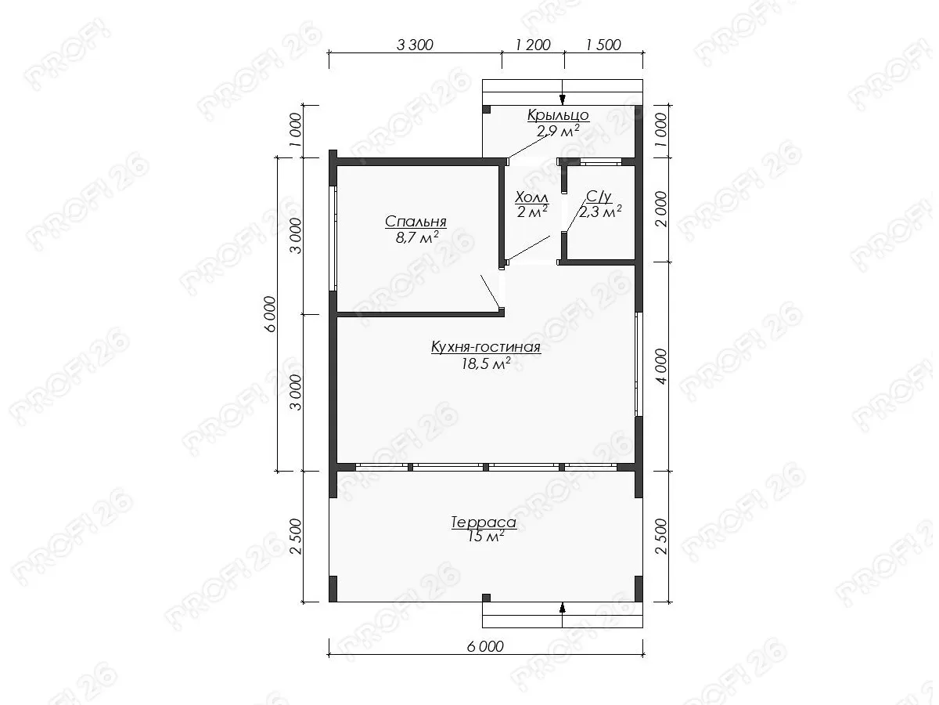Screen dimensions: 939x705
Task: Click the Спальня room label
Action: click(x=416, y=222)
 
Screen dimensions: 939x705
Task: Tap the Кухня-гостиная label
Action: click(x=486, y=347)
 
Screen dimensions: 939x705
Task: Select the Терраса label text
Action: click(x=484, y=522)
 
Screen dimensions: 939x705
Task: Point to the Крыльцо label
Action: click(x=558, y=115)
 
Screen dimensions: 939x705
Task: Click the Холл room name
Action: click(x=531, y=197)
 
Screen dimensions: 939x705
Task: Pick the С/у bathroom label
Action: click(x=599, y=197)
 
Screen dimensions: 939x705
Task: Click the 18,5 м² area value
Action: click(x=486, y=363)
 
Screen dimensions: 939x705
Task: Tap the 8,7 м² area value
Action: click(x=417, y=237)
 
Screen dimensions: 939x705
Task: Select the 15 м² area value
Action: click(x=486, y=537)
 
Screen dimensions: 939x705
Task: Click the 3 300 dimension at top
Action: click(x=415, y=45)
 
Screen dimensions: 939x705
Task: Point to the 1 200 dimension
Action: click(x=533, y=45)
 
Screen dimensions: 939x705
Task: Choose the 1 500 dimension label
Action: click(x=603, y=45)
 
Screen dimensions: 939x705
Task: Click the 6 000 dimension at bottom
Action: click(x=485, y=646)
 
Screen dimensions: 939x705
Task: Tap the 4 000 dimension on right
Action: click(x=661, y=367)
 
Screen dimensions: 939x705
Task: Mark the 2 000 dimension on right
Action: click(x=661, y=209)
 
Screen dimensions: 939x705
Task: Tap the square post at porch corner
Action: click(x=487, y=109)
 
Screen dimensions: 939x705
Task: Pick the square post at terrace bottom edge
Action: click(x=487, y=598)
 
